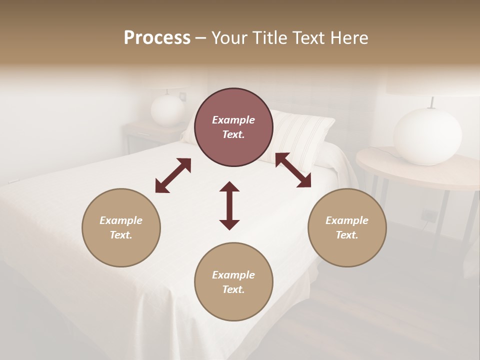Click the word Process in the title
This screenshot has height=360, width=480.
[x=157, y=38]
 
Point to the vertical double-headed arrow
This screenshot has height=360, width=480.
[x=229, y=205]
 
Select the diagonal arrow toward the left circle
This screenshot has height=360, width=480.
[x=173, y=175]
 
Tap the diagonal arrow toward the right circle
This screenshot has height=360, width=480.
[x=293, y=170]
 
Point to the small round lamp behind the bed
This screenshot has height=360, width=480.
[x=167, y=110]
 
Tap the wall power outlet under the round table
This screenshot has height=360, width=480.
[x=428, y=215]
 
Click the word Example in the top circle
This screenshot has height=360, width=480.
[x=233, y=120]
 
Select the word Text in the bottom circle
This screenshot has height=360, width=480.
[x=233, y=289]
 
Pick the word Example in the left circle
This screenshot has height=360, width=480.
[x=121, y=220]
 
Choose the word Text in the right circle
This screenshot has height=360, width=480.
[x=346, y=235]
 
